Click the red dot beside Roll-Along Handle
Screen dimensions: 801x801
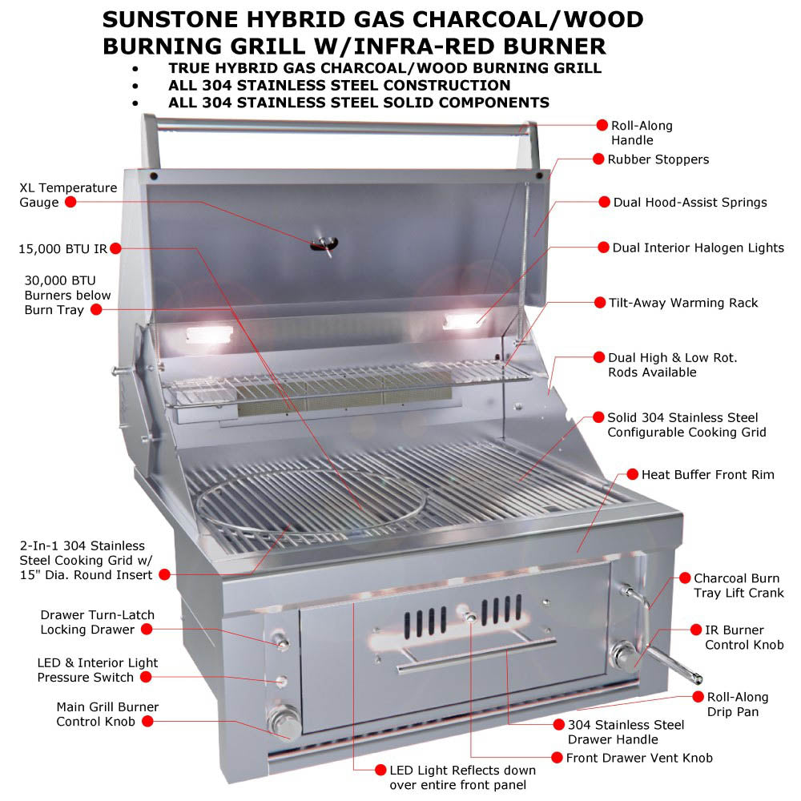point(602,125)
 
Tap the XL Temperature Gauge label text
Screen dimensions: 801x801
point(68,195)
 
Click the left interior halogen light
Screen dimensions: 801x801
point(207,334)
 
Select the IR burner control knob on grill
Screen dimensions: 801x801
point(623,655)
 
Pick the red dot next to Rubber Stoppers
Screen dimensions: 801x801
point(598,159)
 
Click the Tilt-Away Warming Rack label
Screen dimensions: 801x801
point(684,303)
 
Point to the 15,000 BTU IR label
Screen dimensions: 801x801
point(62,248)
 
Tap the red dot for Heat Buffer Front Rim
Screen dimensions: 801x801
point(632,474)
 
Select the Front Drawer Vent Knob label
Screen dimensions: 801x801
point(639,757)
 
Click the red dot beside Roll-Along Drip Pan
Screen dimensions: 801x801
point(698,697)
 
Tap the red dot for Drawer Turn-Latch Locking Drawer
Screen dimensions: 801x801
point(147,630)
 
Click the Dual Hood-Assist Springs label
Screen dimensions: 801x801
point(690,202)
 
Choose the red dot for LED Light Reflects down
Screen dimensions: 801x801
point(380,769)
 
